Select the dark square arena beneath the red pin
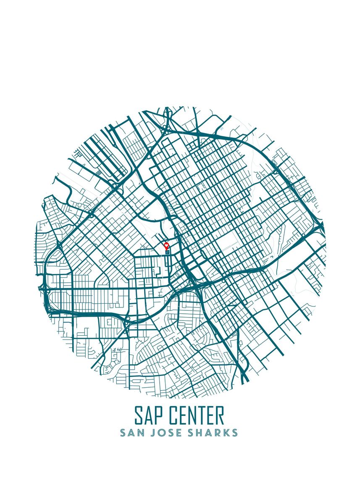167,253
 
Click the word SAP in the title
149,415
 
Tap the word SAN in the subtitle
129,433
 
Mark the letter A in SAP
149,415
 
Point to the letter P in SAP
159,415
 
